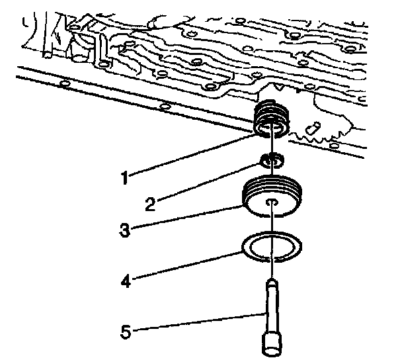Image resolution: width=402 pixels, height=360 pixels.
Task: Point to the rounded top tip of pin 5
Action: pos(272,283)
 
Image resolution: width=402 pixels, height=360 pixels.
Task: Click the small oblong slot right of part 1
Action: pos(313,124)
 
